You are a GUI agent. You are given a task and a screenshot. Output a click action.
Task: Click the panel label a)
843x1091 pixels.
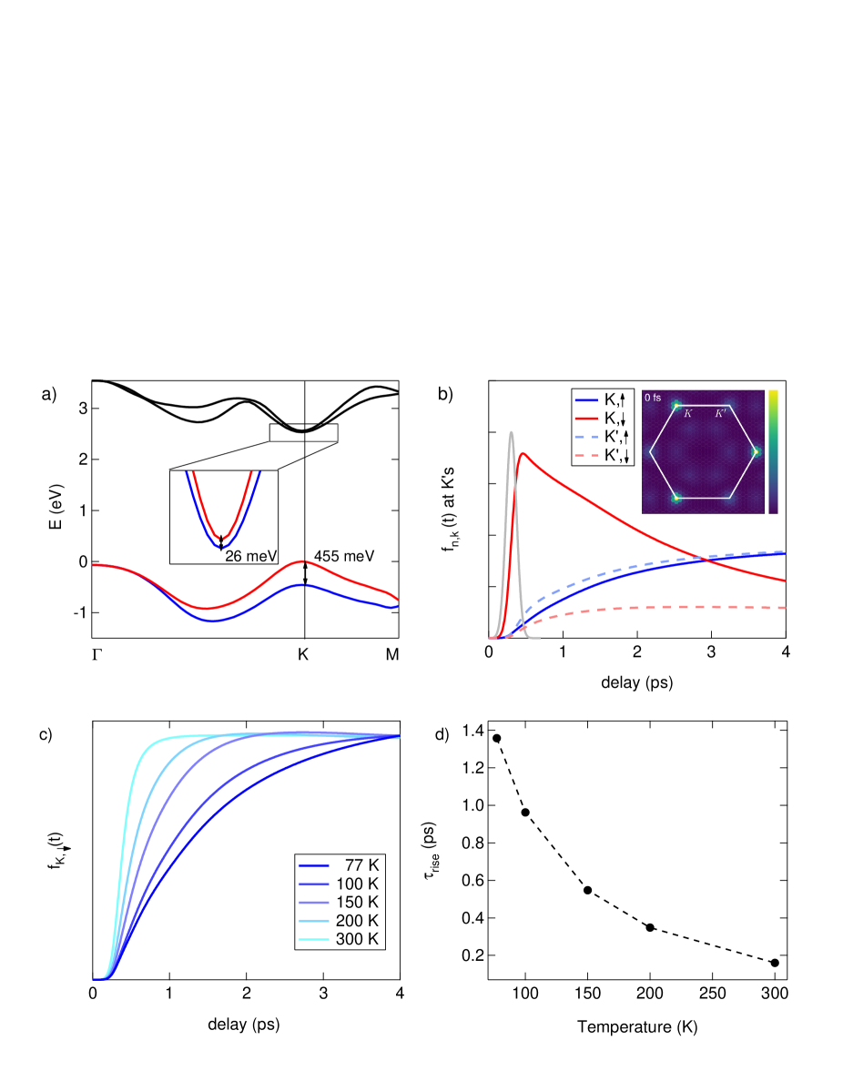coord(49,394)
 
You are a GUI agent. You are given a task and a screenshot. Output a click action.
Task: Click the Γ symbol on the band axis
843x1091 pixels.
coord(97,654)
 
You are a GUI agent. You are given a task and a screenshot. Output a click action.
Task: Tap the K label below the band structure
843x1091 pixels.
coord(303,654)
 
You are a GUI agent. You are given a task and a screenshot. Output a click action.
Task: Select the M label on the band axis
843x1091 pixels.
coord(392,654)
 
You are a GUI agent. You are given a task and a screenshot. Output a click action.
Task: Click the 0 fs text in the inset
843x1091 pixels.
coord(653,398)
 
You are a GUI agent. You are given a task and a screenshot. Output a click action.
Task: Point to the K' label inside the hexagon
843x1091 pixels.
coord(720,414)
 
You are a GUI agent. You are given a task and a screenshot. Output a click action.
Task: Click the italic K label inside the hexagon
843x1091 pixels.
coord(688,414)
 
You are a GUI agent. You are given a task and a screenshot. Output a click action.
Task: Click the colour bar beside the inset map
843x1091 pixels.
coord(772,451)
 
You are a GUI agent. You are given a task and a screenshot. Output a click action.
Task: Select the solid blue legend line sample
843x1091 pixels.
coord(586,399)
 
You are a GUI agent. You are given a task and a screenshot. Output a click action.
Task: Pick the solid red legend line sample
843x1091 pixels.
coord(586,418)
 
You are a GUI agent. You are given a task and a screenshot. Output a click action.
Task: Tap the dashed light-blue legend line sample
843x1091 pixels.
coord(586,437)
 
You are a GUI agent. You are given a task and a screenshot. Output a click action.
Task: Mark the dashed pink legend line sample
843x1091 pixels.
coord(586,455)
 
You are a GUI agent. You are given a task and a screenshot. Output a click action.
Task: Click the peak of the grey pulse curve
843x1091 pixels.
coord(512,432)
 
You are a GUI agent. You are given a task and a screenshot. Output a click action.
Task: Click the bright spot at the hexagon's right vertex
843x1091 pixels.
coord(755,451)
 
